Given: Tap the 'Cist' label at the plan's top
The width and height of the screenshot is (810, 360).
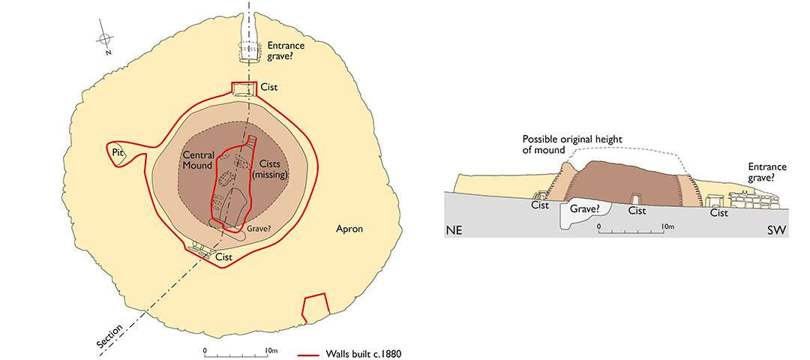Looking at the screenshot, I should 269,88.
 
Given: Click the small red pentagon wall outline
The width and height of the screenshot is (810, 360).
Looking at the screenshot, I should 315,307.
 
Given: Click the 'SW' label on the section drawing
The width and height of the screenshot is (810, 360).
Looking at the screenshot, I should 777,229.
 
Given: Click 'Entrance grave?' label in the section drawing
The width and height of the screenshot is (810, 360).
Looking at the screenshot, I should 766,173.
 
